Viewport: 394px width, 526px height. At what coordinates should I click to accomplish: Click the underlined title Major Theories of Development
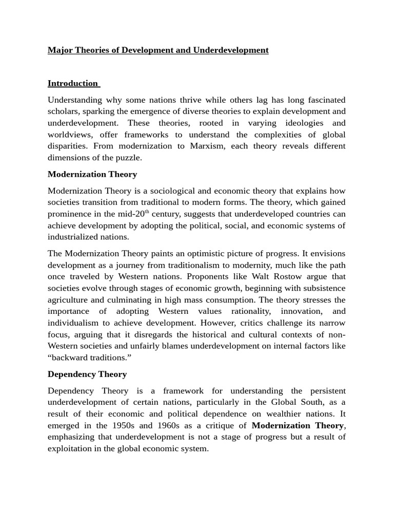(x=158, y=50)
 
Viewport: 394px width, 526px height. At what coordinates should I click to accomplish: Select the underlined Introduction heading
(x=73, y=83)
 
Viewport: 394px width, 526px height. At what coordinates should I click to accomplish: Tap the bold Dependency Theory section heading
(x=87, y=374)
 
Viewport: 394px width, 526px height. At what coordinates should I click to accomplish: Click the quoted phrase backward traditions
(x=87, y=358)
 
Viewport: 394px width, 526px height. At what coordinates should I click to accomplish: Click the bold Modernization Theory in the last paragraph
(x=298, y=425)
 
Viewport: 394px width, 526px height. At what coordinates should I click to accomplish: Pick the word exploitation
(x=72, y=448)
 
